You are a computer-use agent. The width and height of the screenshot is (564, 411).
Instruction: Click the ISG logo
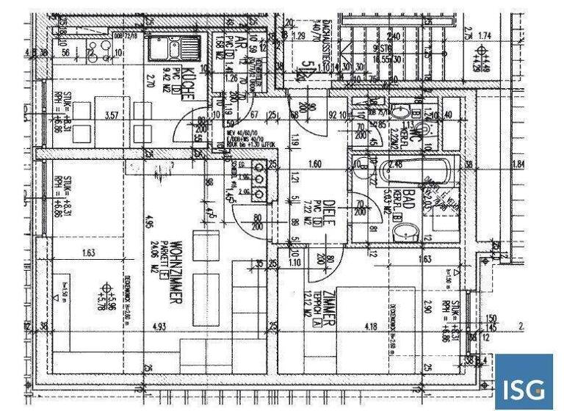523,382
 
